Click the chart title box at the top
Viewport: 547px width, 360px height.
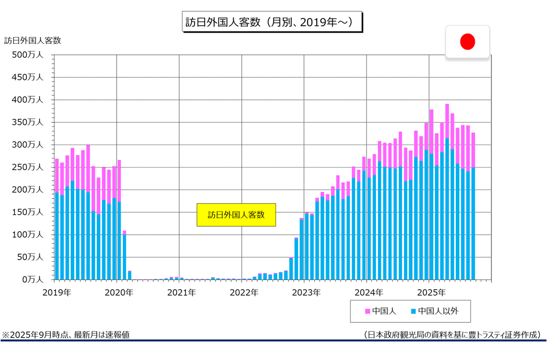[x=272, y=22]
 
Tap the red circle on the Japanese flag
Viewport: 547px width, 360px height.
[x=468, y=42]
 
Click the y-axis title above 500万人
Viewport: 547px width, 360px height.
[x=33, y=40]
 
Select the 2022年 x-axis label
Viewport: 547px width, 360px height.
[x=244, y=292]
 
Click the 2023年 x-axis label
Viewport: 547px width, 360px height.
[x=307, y=292]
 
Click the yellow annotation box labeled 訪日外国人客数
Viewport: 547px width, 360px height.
[x=236, y=215]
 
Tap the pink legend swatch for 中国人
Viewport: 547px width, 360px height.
[x=367, y=311]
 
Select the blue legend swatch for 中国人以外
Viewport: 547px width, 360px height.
[x=413, y=311]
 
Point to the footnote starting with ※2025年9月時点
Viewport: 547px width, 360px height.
[x=66, y=335]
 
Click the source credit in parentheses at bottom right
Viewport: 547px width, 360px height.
[x=452, y=335]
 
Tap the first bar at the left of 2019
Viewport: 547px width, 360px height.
[x=57, y=219]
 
